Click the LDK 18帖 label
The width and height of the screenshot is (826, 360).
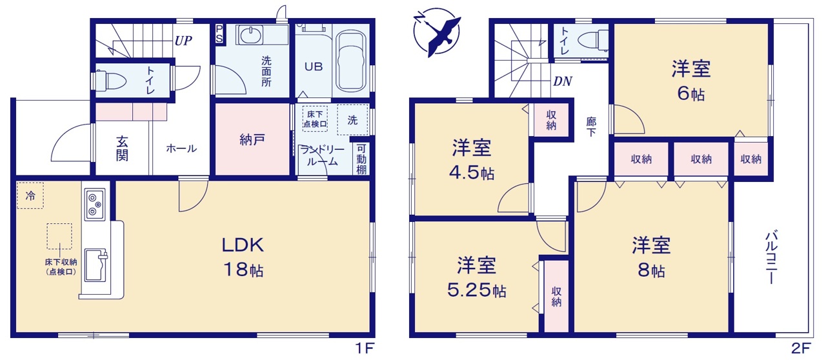coord(243,257)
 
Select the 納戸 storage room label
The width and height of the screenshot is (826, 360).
coord(252,140)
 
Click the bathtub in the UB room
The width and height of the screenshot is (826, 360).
coord(351,61)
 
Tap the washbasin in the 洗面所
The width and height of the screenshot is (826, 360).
coord(250,35)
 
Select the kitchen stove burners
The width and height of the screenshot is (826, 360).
coord(95,205)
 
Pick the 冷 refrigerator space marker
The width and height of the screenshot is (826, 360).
coord(30,195)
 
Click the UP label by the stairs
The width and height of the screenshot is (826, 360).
coord(183,41)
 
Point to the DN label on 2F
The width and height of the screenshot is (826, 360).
coord(563,81)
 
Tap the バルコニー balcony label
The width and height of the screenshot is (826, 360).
coord(771,257)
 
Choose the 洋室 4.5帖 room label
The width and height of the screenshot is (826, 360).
coord(472,159)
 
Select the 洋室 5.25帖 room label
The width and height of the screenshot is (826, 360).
coord(477,277)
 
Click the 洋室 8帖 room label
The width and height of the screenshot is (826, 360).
coord(652,257)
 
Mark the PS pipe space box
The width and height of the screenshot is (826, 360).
coord(219,34)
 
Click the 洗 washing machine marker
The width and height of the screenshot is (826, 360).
coord(352,120)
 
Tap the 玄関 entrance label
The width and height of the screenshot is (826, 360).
coord(122,148)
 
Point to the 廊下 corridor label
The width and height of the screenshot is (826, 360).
coord(591,127)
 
